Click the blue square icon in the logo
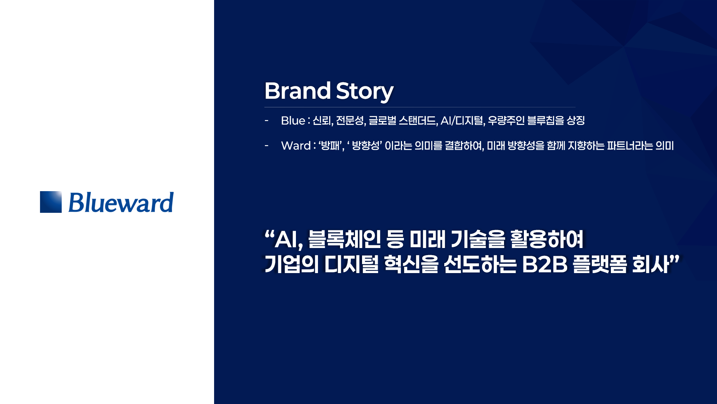(51, 202)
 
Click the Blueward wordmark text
(121, 202)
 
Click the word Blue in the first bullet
(293, 120)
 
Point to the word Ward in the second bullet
(296, 146)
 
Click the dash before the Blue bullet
(266, 120)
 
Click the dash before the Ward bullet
(266, 146)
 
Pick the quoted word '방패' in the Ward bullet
(331, 146)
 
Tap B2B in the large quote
(545, 264)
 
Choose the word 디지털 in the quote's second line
(351, 264)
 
